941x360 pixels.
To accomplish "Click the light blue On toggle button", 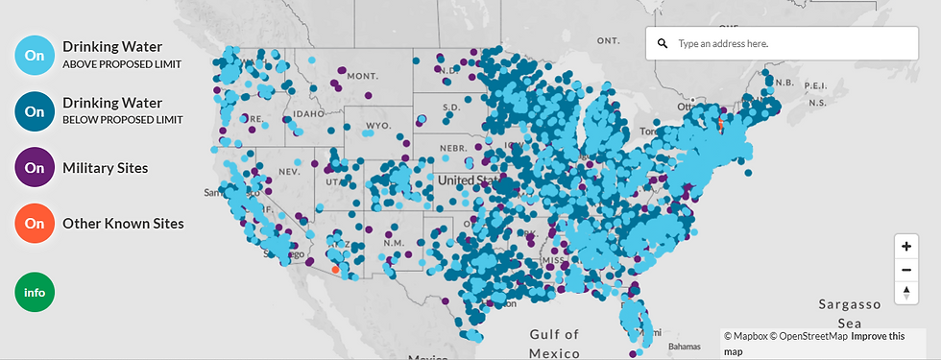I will click(x=35, y=55).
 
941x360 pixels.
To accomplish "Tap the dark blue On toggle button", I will click(x=35, y=111).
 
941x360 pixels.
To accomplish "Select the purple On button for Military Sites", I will click(x=35, y=168).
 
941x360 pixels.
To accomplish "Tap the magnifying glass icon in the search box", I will click(x=663, y=44).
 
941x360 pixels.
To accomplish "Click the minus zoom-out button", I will click(x=905, y=270).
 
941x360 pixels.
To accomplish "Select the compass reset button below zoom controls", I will click(x=905, y=293).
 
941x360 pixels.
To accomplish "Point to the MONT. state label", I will click(x=362, y=76).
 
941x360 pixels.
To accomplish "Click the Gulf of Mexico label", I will click(x=554, y=343).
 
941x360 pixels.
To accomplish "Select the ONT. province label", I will click(x=609, y=41).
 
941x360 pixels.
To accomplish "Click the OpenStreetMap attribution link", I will click(x=811, y=336).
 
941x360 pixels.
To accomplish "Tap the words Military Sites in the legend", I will click(x=105, y=168).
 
